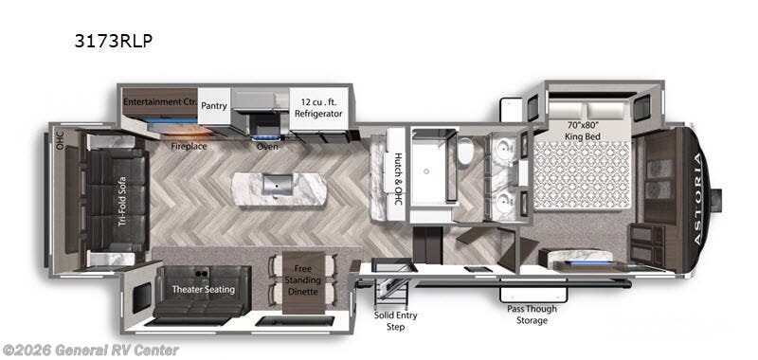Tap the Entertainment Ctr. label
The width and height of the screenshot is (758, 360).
coord(158,99)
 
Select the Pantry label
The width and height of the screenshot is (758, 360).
coord(213,105)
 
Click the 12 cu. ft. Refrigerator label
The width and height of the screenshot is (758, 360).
coord(320,107)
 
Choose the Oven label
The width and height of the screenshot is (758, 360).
coord(266,147)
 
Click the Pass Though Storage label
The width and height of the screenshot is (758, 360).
coord(532,315)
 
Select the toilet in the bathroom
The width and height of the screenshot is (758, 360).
coord(466,152)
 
